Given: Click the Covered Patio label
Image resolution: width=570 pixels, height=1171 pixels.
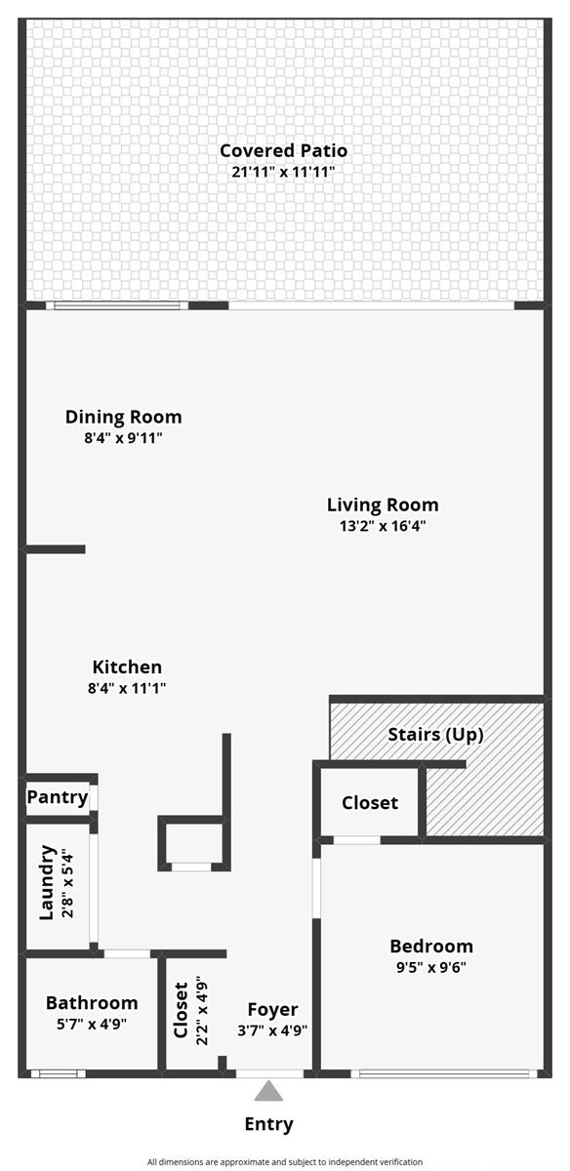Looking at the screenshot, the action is tap(283, 150).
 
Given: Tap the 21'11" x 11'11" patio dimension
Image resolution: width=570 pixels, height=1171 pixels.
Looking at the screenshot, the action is tap(283, 172).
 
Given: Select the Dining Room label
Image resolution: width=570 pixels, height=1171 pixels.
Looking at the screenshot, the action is tap(123, 417).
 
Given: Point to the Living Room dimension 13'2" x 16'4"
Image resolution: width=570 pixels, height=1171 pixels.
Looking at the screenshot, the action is tap(383, 525).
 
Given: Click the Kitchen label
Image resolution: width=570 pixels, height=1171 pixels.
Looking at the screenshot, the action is tap(127, 667).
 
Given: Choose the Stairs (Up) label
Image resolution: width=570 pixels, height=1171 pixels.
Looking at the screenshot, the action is tap(435, 735).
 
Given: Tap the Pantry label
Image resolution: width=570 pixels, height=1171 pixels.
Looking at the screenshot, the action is tap(58, 798).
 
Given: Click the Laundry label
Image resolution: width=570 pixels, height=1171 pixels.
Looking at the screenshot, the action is tap(47, 882).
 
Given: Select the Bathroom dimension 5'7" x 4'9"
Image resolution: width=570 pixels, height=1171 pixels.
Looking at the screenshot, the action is tap(92, 1024).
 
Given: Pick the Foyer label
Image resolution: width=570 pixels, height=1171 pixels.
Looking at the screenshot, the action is tap(272, 1009).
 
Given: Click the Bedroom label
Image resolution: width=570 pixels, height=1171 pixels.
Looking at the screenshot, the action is tap(431, 946).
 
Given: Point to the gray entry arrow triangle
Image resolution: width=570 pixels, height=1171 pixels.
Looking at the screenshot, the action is tap(268, 1091).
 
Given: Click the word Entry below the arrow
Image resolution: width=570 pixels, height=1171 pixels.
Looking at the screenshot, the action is tap(268, 1124).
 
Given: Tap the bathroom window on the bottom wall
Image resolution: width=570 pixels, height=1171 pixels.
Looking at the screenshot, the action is tap(58, 1073).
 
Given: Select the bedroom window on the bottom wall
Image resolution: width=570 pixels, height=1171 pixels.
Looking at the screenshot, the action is tap(444, 1073).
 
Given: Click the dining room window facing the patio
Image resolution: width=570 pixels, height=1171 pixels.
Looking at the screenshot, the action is tap(117, 305).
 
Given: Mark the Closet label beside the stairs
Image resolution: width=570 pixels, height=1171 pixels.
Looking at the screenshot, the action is tap(370, 802).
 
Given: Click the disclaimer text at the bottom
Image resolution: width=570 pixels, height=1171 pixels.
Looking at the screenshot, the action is tap(284, 1161).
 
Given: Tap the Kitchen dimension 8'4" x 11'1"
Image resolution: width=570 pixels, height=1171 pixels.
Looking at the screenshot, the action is tap(127, 688).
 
